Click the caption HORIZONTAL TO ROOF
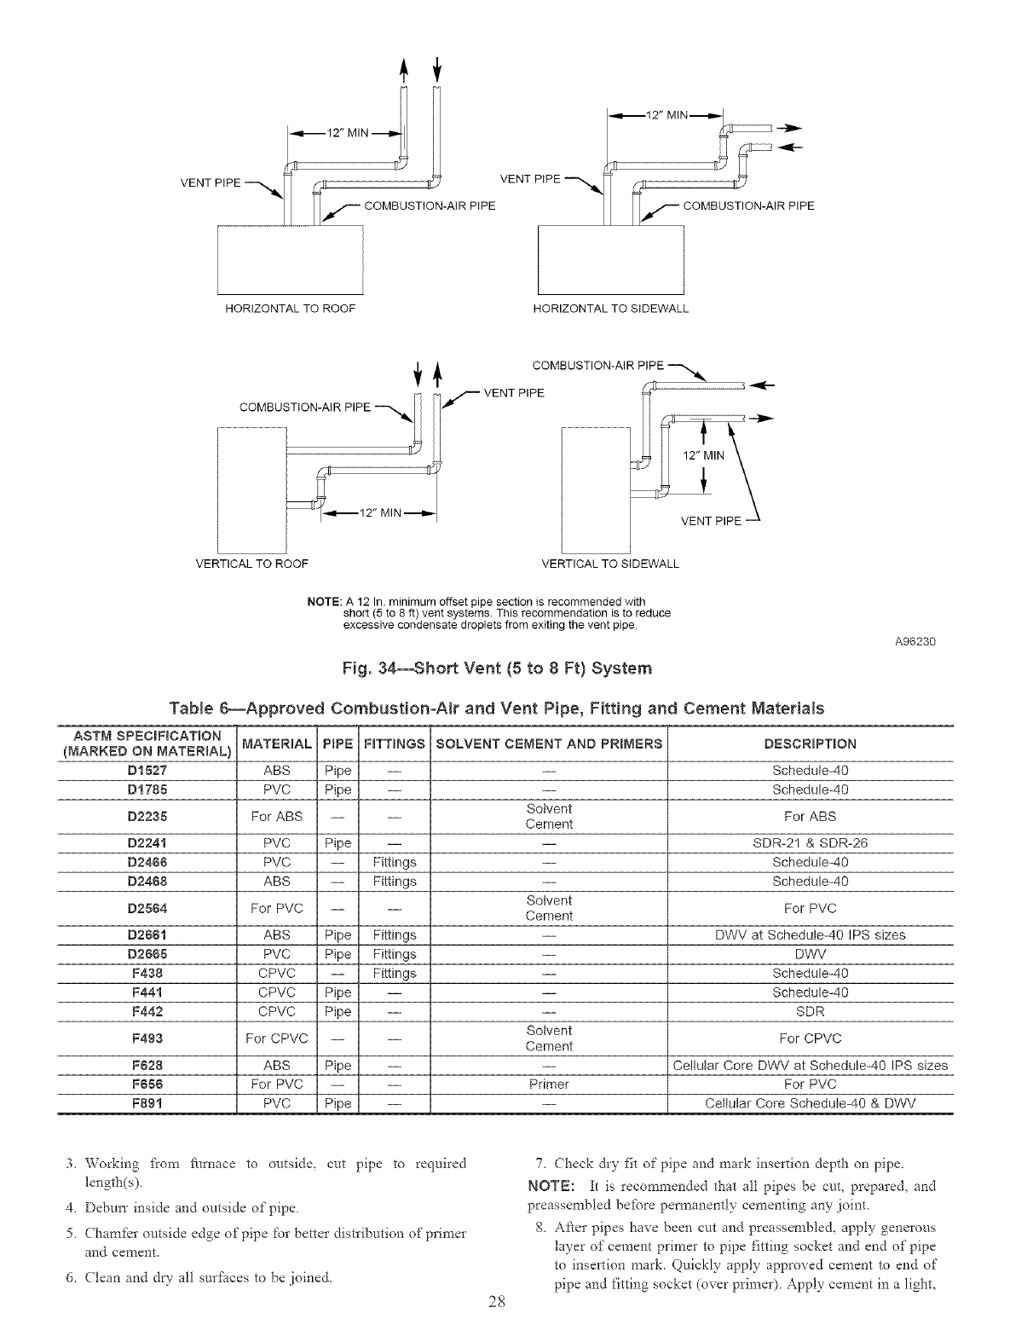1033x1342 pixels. coord(289,308)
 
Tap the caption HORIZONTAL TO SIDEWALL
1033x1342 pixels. coord(610,308)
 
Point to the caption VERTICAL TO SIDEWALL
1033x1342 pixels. coord(610,564)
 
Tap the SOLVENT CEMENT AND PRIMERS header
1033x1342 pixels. coord(549,743)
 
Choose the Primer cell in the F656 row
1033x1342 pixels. coord(549,1085)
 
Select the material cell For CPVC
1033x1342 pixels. coord(275,1038)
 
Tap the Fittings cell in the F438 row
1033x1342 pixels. coord(395,973)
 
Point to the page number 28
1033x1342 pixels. coord(498,1324)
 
